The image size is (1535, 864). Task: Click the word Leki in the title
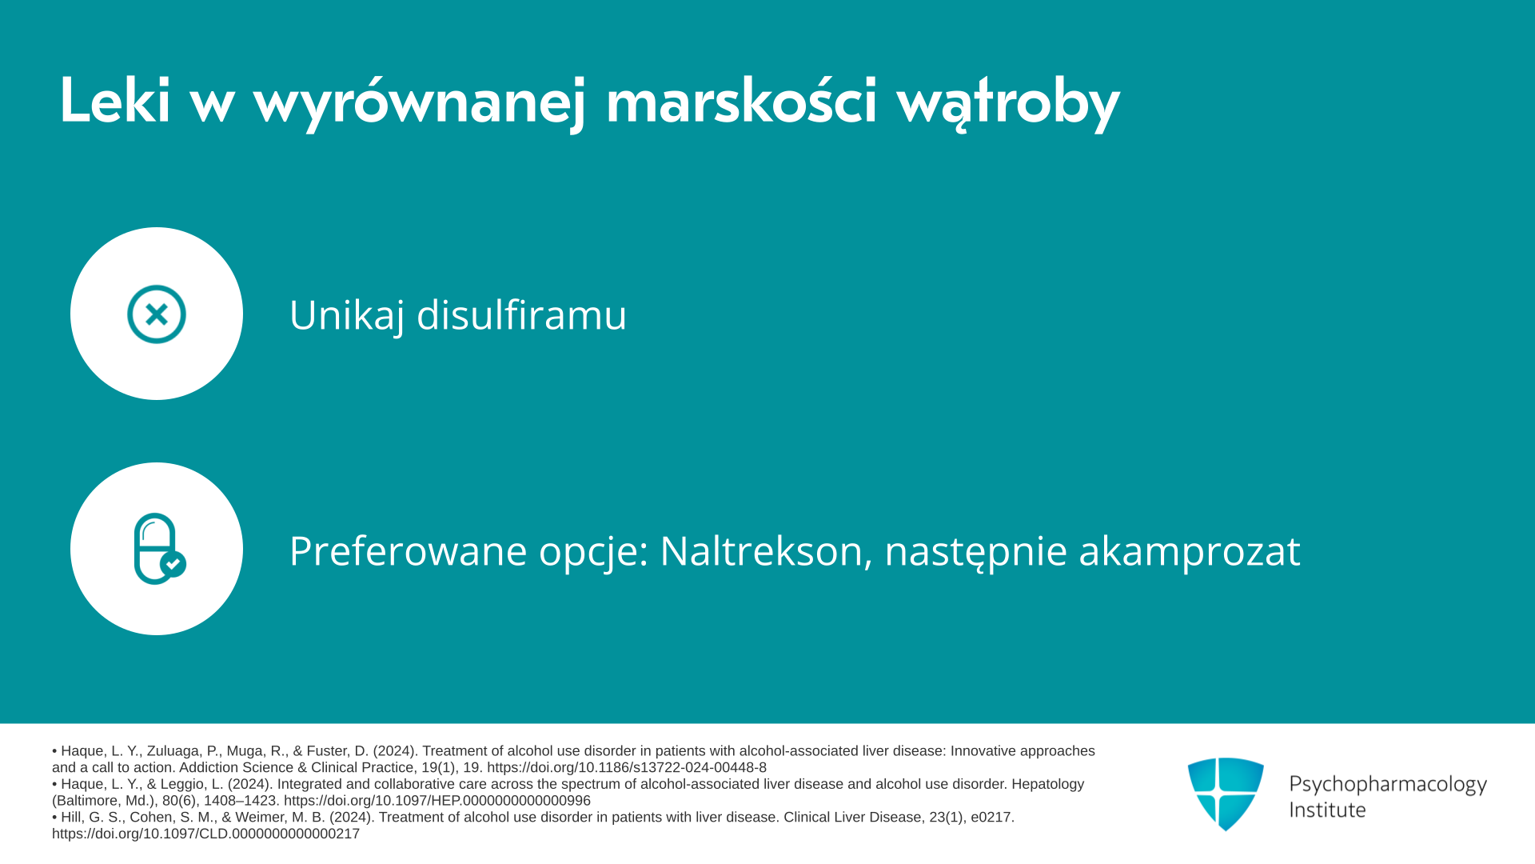pos(115,100)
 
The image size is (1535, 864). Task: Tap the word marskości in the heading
pos(742,100)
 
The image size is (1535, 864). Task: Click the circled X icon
pos(157,314)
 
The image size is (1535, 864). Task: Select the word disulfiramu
pos(522,314)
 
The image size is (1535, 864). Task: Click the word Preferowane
pos(408,551)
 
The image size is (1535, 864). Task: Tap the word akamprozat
pos(1190,551)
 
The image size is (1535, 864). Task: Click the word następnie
pos(975,551)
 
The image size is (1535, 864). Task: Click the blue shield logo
pos(1226,794)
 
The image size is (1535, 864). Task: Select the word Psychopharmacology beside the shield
pos(1388,784)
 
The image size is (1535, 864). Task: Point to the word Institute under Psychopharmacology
pos(1327,810)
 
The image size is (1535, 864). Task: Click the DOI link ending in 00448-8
pos(627,768)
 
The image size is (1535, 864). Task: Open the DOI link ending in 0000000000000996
pos(437,801)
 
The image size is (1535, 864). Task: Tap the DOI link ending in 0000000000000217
pos(205,834)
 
